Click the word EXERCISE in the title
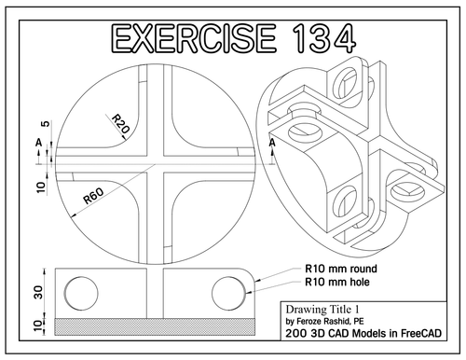point(189,39)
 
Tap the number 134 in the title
point(315,39)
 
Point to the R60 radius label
point(93,197)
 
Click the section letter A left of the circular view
point(37,142)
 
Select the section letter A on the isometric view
point(272,145)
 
